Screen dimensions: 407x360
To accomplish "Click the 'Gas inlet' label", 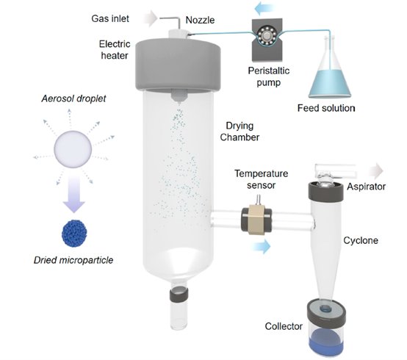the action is coord(110,18).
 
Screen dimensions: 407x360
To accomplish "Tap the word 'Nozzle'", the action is coord(200,20).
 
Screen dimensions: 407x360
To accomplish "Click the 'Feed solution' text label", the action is coord(326,108).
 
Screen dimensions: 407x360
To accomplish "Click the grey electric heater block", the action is coord(178,65).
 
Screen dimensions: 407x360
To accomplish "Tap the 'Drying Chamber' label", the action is coord(239,132).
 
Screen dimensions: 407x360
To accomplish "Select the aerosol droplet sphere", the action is coord(73,149).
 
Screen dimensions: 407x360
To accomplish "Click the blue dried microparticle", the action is coord(74,234).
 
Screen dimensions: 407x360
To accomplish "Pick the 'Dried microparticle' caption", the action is coord(73,260).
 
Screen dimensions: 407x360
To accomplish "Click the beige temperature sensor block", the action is coord(256,219).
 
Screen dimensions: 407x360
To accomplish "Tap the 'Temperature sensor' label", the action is coord(261,179).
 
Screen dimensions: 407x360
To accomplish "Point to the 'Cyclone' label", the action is coord(361,240).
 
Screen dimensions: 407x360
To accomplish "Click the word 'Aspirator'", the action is coord(367,187).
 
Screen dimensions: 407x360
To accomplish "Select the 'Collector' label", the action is coord(284,326).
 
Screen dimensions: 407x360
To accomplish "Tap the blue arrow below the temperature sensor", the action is coord(261,246).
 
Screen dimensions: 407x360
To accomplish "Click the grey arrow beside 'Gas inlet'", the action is coord(150,18).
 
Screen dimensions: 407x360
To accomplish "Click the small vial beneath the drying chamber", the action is coord(179,308).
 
